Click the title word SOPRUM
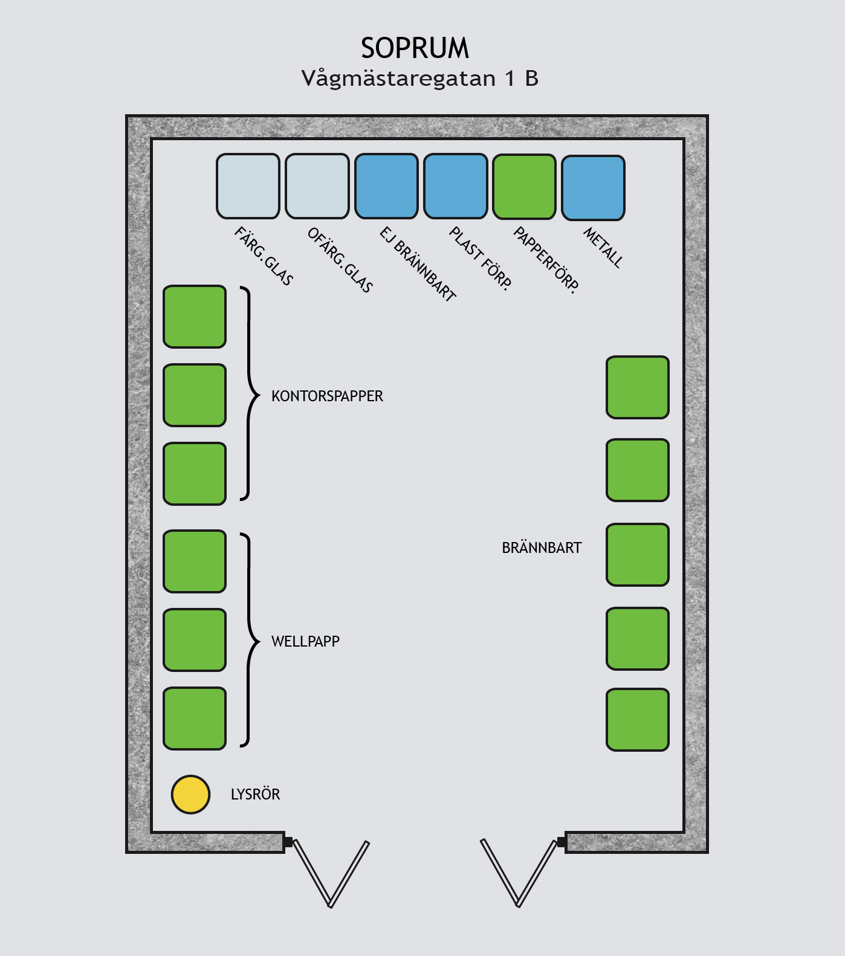coord(415,48)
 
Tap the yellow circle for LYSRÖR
coord(190,794)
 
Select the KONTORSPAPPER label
coord(327,396)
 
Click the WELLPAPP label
coord(305,641)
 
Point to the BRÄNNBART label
coord(542,547)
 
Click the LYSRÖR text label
coord(255,794)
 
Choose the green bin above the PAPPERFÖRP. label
coord(524,186)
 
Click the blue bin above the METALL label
coord(593,187)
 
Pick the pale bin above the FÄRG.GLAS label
coord(248,186)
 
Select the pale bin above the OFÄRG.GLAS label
coord(317,186)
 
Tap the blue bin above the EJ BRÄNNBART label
coord(386,186)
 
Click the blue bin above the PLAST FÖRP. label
coord(455,186)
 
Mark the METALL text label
coord(603,247)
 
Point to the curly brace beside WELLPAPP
coord(249,640)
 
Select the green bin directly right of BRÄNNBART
coord(638,555)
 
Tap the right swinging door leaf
coord(519,873)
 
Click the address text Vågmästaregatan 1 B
coord(419,79)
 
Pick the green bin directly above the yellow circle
coord(195,719)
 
